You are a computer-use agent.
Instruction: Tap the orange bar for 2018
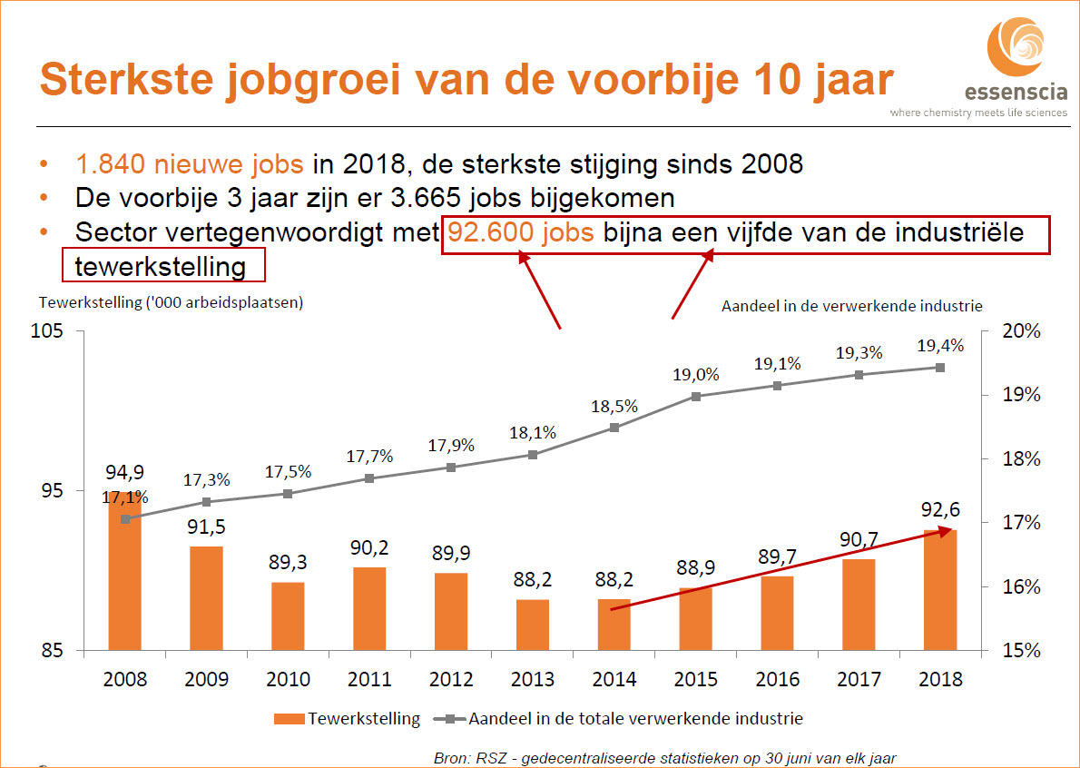coord(940,590)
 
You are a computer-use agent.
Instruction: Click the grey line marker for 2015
coord(696,397)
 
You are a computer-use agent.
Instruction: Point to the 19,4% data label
coord(940,346)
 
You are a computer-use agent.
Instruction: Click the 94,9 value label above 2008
coord(124,472)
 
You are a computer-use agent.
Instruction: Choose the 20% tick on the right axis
coord(1020,331)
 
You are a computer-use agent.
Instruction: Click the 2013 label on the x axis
coord(534,679)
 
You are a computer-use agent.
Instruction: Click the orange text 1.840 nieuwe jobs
coord(191,165)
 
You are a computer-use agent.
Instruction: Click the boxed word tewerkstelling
coord(161,267)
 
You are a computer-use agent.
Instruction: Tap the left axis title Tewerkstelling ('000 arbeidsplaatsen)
coord(171,302)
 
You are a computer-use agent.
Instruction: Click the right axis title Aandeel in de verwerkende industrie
coord(851,306)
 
